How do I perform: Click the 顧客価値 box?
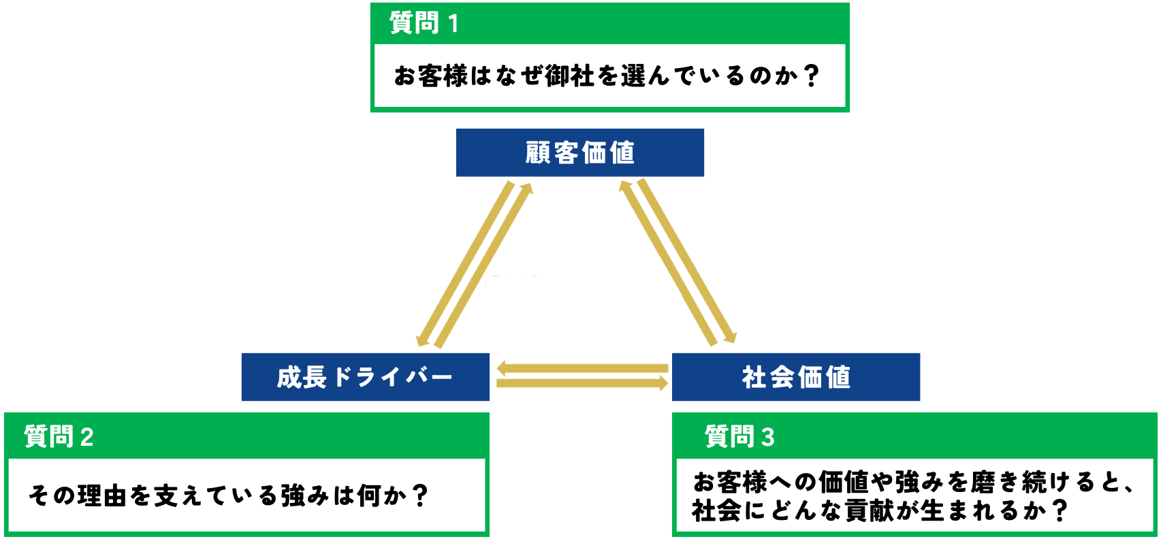click(x=579, y=152)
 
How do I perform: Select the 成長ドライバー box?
click(x=365, y=377)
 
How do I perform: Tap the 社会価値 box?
click(x=795, y=377)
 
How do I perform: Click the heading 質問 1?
click(x=424, y=24)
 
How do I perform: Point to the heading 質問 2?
click(x=59, y=436)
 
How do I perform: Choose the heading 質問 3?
click(x=739, y=436)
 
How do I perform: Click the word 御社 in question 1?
click(x=570, y=76)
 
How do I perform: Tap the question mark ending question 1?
click(x=810, y=76)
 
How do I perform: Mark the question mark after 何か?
click(x=421, y=495)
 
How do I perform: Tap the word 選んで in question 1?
click(x=656, y=76)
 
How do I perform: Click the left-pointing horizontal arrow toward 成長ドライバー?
click(x=581, y=369)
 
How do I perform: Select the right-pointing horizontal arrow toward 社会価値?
click(x=581, y=384)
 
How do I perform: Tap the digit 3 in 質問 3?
click(x=767, y=437)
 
